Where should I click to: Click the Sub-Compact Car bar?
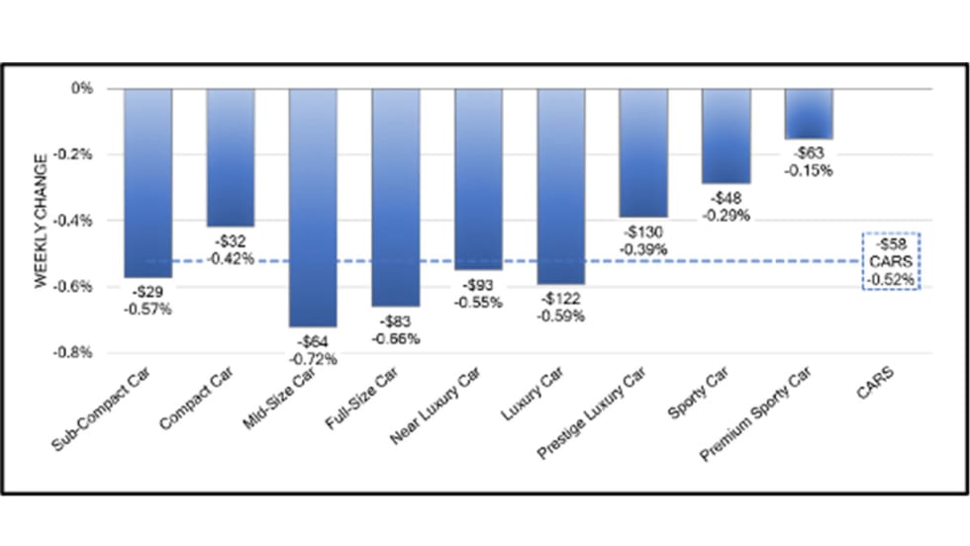(147, 183)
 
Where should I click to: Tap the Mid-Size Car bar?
(313, 208)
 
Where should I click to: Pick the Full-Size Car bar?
(395, 198)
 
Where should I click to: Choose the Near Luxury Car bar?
(478, 179)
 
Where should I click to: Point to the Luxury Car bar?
(561, 186)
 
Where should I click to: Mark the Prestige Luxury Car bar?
(643, 152)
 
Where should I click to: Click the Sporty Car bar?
(727, 136)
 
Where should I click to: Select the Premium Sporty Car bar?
(809, 114)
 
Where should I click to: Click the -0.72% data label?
(314, 359)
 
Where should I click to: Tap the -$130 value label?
(643, 232)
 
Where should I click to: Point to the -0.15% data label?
(809, 170)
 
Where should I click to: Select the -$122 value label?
(561, 300)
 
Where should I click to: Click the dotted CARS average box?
(892, 261)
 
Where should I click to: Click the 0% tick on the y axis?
(83, 89)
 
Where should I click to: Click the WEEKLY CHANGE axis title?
(41, 221)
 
